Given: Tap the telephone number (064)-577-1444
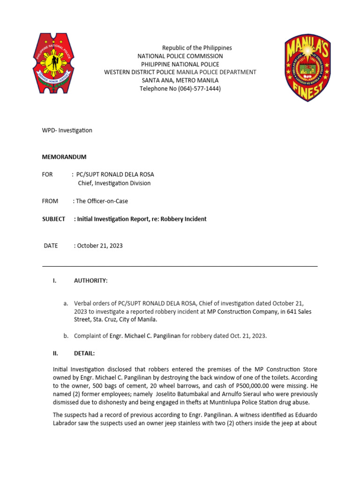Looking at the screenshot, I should (197, 89).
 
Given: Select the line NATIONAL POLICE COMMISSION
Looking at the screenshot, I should (180, 56).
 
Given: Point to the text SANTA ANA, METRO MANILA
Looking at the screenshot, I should (180, 80).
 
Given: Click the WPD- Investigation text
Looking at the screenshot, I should (67, 130).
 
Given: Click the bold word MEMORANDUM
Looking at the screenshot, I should (64, 157).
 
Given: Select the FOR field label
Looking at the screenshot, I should (47, 174).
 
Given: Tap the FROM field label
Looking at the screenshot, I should (50, 201).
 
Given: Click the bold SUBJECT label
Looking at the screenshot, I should (53, 219).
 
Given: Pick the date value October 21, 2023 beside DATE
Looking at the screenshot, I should (100, 246).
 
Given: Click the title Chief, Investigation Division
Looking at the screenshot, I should (114, 183).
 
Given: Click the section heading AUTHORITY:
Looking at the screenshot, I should (90, 281).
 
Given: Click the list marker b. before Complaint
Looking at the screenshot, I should (66, 336).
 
